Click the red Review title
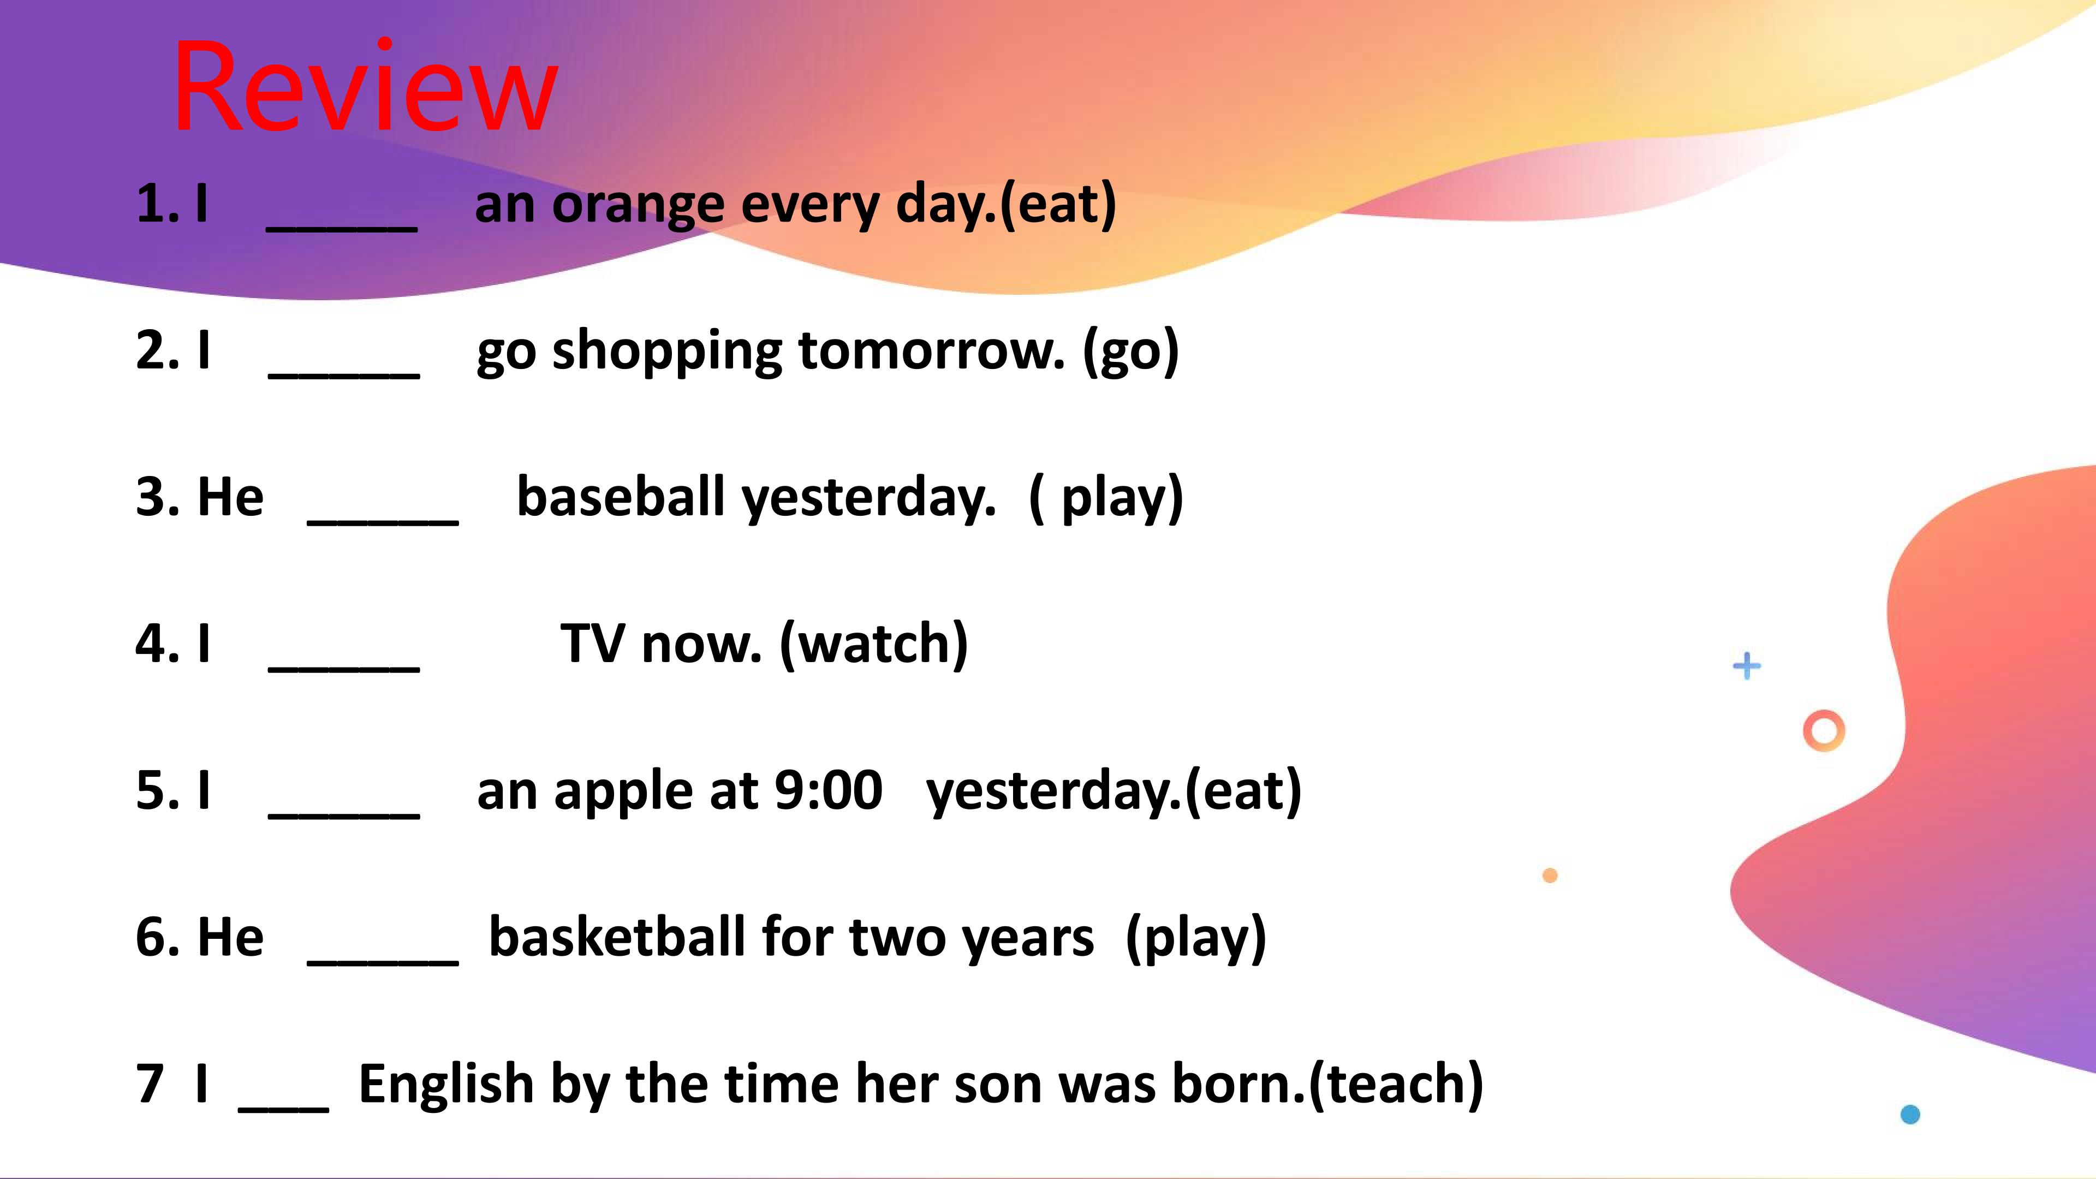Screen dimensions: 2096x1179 [x=365, y=87]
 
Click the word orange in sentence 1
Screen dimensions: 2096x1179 [x=639, y=206]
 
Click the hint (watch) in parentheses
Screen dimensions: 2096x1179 [x=874, y=645]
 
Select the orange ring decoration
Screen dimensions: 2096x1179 [x=1824, y=731]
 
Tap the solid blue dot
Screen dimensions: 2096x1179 [x=1910, y=1114]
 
